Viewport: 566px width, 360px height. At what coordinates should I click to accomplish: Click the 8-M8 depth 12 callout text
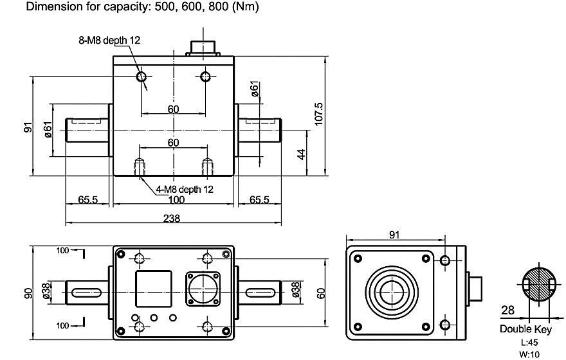[105, 40]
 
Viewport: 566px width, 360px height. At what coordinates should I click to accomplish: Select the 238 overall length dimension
[172, 218]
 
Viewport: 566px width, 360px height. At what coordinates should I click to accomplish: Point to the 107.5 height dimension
[318, 114]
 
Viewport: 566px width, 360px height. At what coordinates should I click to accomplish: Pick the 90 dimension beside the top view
[28, 292]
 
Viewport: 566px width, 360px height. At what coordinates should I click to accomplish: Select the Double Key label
[525, 329]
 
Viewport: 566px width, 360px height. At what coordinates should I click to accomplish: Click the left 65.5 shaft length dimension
[88, 200]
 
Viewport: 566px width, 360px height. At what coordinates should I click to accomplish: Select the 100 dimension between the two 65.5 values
[175, 200]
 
